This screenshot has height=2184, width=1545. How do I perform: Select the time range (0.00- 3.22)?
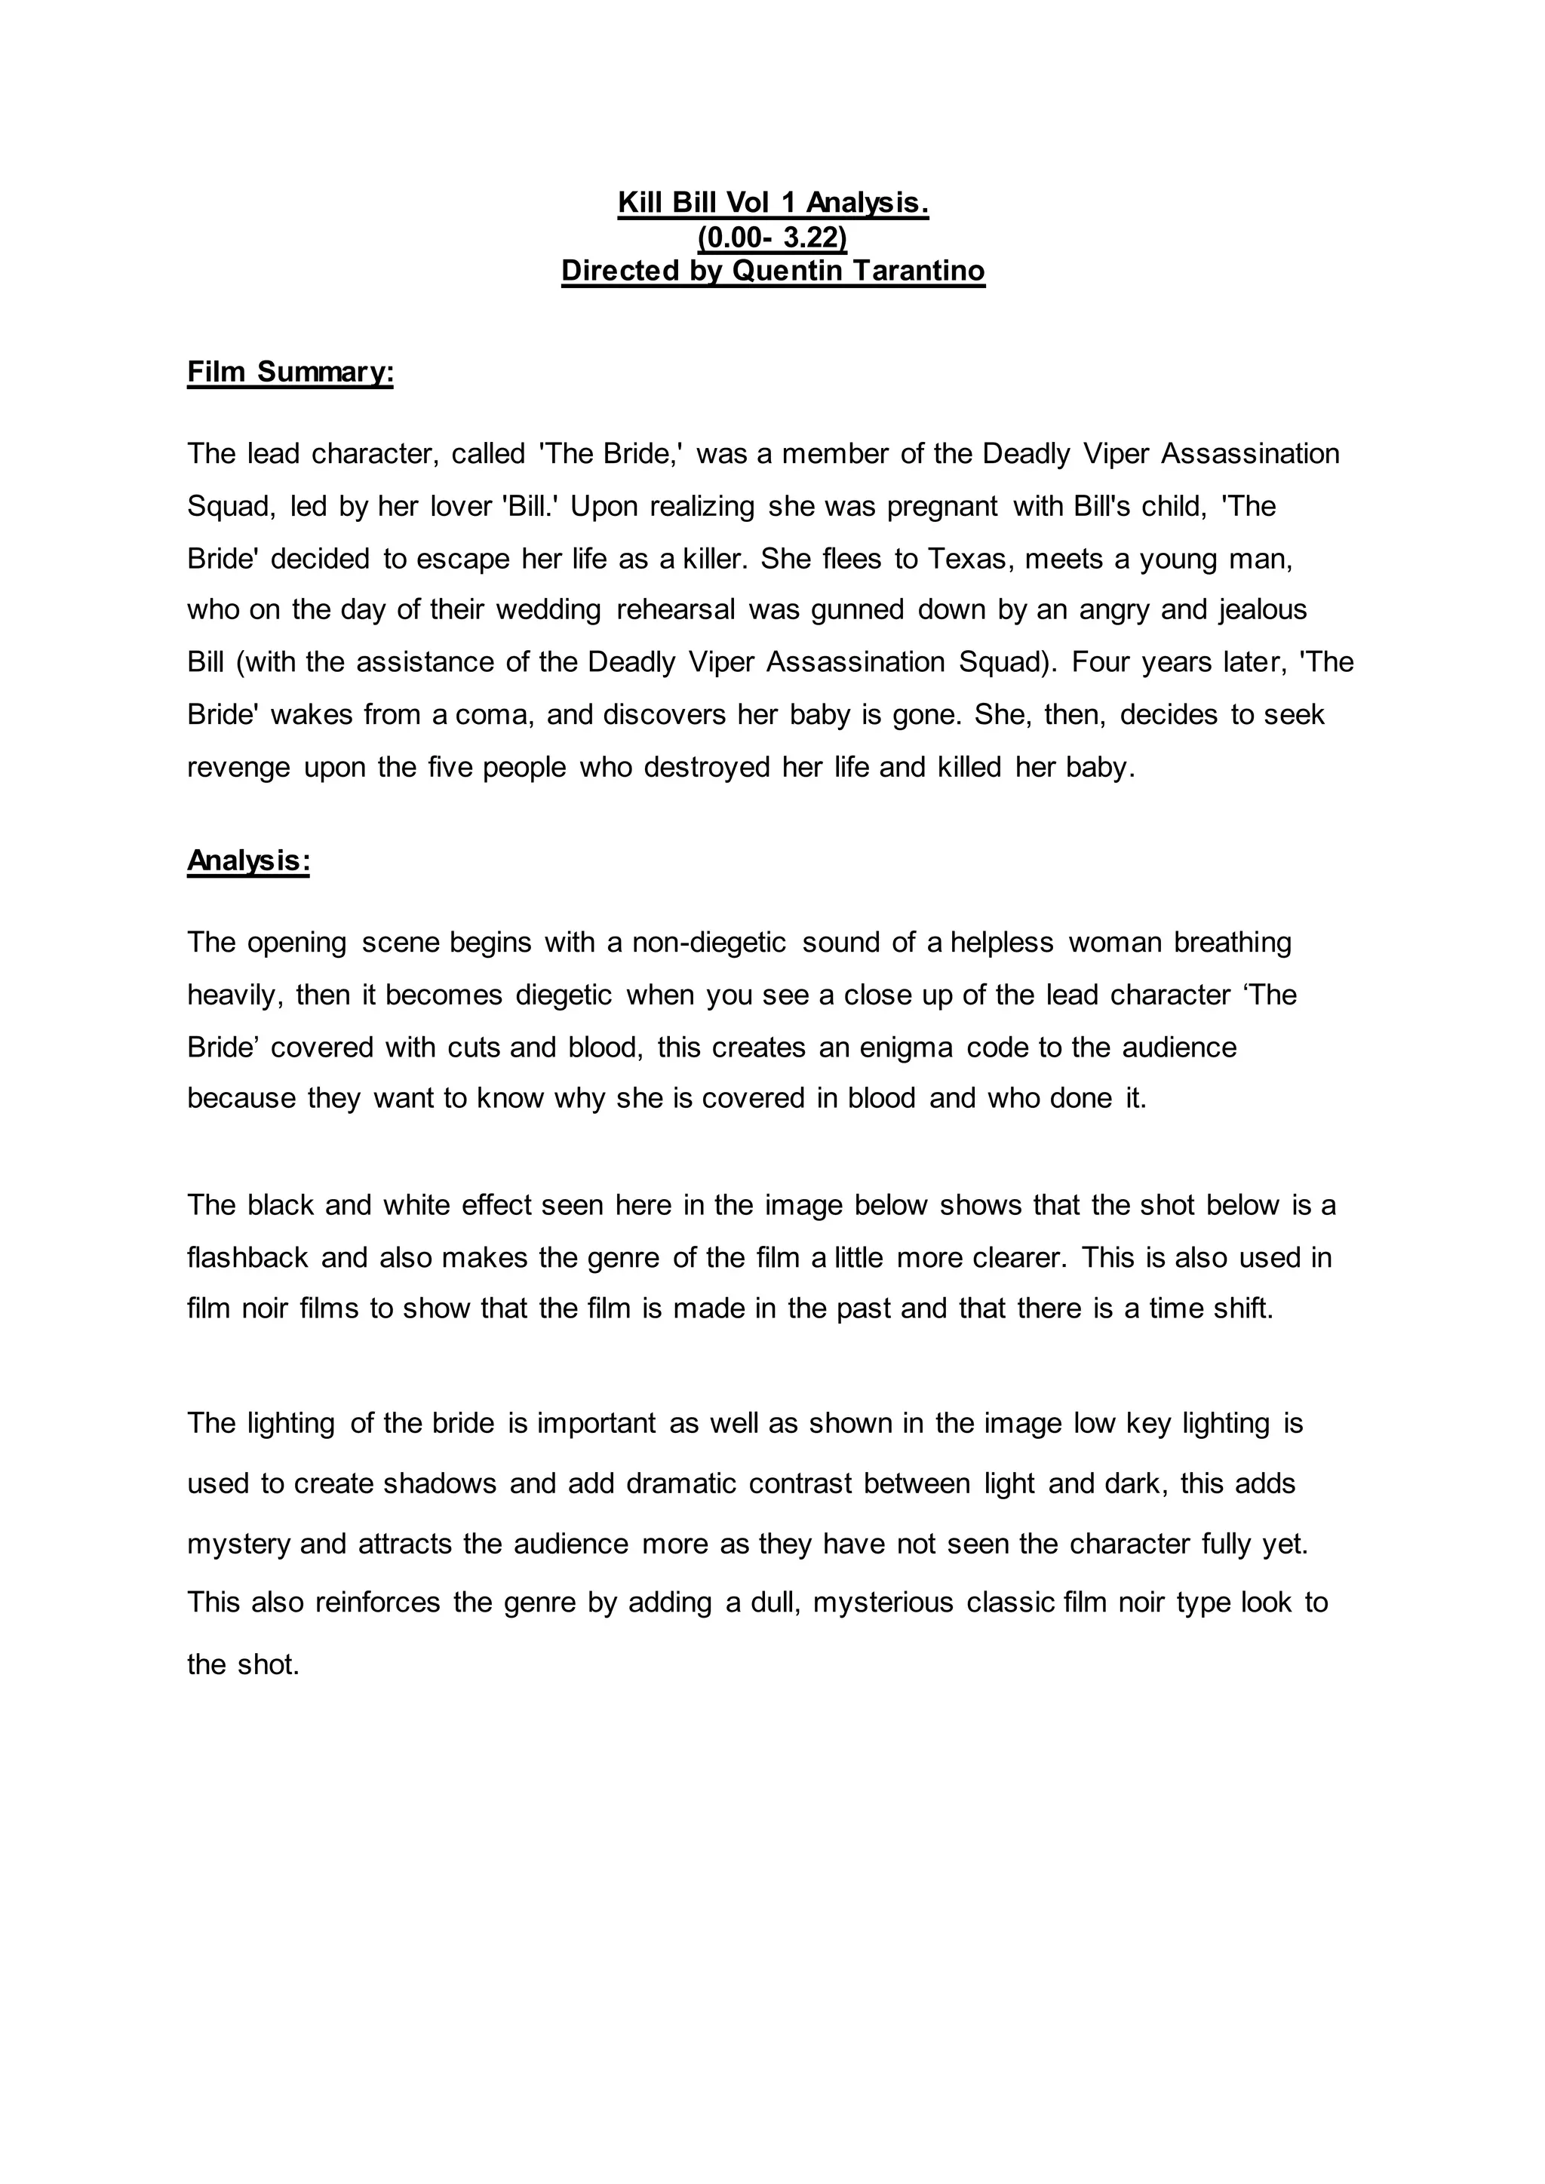click(772, 237)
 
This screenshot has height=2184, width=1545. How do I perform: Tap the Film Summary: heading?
click(290, 372)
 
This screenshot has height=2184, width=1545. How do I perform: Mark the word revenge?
click(239, 767)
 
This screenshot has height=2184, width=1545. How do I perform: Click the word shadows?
click(440, 1484)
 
